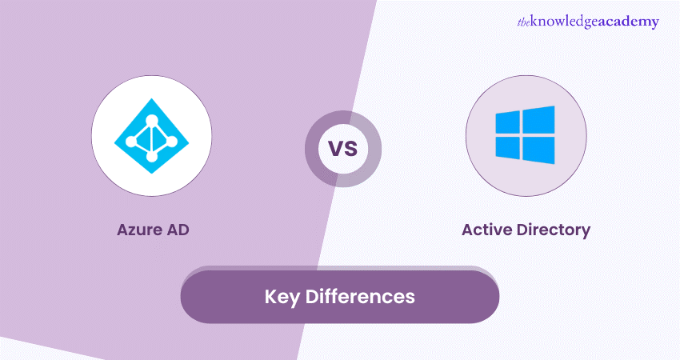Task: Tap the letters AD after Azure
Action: point(178,230)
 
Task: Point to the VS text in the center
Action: point(343,148)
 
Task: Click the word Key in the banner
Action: point(282,297)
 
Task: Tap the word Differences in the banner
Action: point(360,296)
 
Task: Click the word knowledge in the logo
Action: point(564,22)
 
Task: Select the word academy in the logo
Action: point(628,22)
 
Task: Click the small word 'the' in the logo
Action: point(523,22)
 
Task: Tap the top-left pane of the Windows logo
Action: point(507,122)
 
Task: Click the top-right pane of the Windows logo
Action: point(538,120)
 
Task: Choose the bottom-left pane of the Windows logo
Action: point(507,148)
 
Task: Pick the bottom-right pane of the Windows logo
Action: point(538,150)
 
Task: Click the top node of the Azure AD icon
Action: point(152,121)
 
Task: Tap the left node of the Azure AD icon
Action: point(130,141)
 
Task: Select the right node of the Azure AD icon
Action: point(172,141)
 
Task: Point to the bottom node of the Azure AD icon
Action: point(152,156)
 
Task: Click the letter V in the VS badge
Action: point(336,148)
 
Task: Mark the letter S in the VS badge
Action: point(351,148)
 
